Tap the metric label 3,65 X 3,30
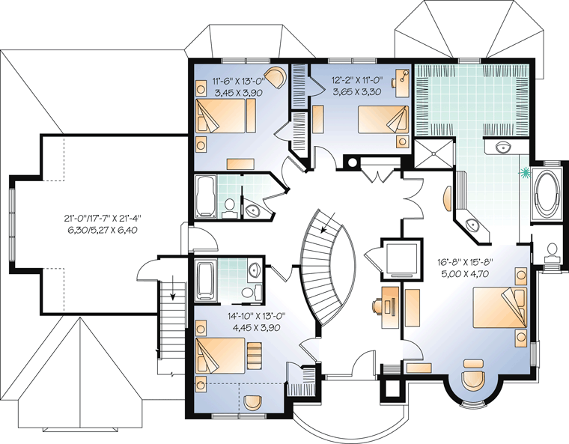pos(357,92)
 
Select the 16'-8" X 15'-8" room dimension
pos(466,261)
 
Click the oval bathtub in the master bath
pos(546,192)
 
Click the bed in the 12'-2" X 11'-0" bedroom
pos(382,119)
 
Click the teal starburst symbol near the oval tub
pos(524,173)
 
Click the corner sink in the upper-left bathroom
pos(251,210)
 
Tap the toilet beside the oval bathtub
pos(552,251)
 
